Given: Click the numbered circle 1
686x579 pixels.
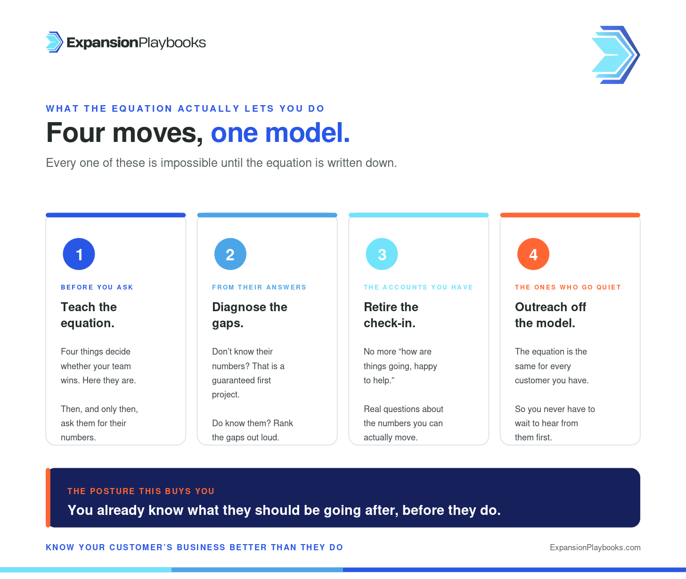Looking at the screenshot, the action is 79,254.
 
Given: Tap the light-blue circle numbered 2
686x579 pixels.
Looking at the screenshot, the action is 230,254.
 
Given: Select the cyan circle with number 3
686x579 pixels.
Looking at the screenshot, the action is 382,254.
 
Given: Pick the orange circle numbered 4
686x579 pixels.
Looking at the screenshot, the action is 533,254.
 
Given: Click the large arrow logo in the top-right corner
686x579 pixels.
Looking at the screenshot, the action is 616,55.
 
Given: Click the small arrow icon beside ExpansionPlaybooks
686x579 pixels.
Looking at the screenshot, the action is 54,42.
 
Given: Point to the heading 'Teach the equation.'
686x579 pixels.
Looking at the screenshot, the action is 89,315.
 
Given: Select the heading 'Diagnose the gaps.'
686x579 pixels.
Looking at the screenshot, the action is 250,315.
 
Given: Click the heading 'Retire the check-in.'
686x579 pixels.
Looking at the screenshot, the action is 391,315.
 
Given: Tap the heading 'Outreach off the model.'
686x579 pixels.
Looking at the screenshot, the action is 550,315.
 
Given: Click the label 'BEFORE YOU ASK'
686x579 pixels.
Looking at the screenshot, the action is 97,287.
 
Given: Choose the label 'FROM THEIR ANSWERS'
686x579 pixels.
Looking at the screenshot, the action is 259,287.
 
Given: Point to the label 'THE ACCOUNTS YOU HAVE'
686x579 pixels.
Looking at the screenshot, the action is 418,287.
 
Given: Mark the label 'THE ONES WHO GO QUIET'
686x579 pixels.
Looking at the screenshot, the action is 568,287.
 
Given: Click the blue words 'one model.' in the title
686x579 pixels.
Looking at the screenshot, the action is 280,133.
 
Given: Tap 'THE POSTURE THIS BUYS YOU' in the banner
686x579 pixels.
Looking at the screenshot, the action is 141,491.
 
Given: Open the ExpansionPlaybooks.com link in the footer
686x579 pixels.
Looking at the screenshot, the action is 595,547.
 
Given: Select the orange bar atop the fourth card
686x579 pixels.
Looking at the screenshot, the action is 570,215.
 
